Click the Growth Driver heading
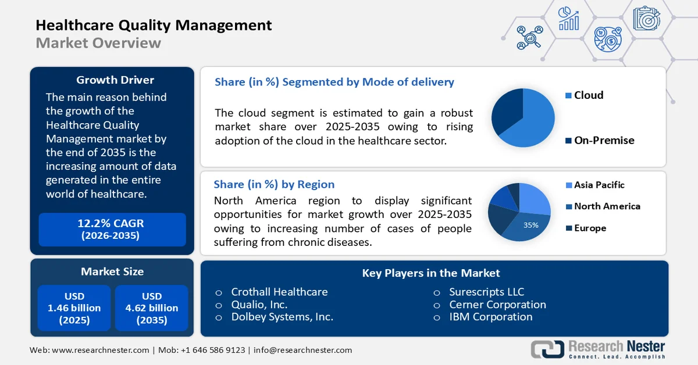tap(115, 80)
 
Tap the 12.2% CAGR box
tap(112, 229)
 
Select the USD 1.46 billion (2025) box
tap(74, 308)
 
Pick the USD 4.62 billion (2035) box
tap(152, 308)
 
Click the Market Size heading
tap(112, 271)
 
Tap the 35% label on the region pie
tap(530, 225)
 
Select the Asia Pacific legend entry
tap(599, 185)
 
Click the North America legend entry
tap(606, 206)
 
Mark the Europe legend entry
tap(589, 228)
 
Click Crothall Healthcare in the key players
tap(279, 292)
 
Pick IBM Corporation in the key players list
tap(490, 317)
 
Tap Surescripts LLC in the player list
tap(486, 292)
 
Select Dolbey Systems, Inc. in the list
tap(282, 317)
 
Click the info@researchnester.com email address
tap(302, 350)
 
